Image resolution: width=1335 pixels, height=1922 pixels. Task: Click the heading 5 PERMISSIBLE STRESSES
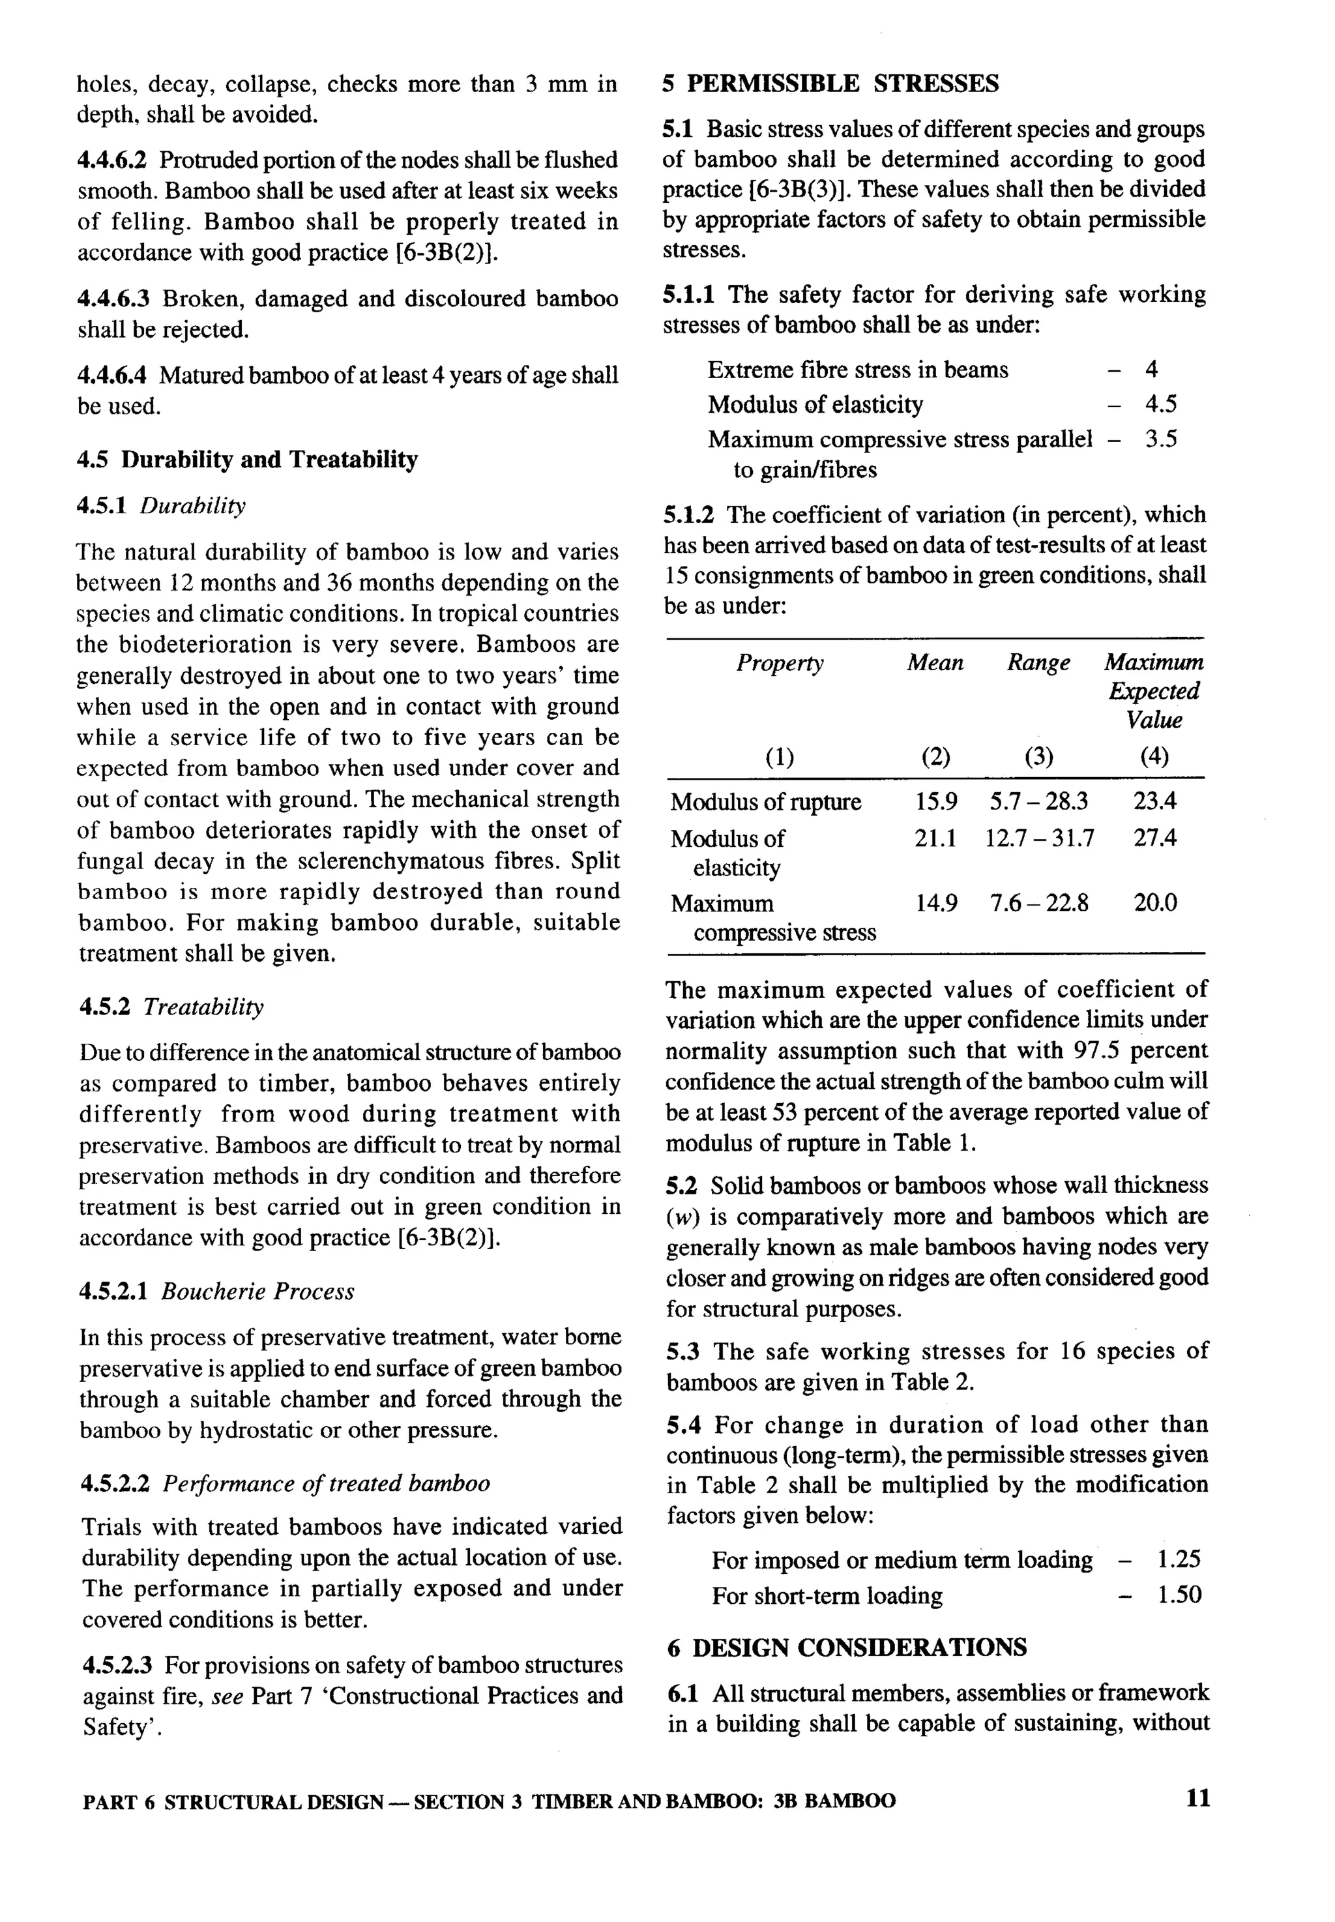pyautogui.click(x=830, y=83)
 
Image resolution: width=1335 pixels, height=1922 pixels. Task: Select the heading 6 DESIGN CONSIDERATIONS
pyautogui.click(x=847, y=1647)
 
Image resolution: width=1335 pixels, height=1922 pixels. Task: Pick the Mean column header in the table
pyautogui.click(x=935, y=662)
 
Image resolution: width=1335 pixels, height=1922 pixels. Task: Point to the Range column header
pyautogui.click(x=1038, y=662)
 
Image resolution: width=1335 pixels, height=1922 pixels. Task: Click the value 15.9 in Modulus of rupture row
pyautogui.click(x=935, y=801)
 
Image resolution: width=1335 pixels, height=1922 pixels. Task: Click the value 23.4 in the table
pyautogui.click(x=1154, y=801)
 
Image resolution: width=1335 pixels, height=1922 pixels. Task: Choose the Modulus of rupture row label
pyautogui.click(x=765, y=801)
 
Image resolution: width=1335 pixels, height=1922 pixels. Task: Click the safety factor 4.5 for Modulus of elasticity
pyautogui.click(x=1160, y=404)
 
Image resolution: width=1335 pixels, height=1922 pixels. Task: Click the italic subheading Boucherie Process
pyautogui.click(x=257, y=1292)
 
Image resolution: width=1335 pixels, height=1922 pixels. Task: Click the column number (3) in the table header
pyautogui.click(x=1038, y=757)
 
